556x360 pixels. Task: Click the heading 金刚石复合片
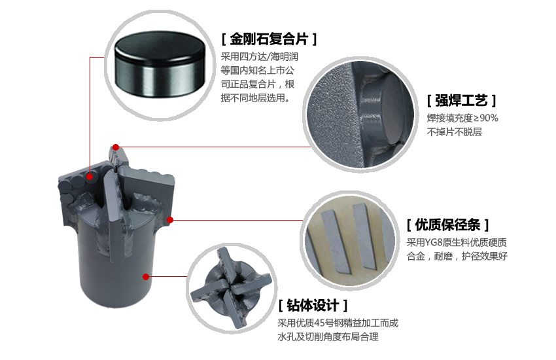pos(269,39)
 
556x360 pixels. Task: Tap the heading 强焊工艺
pos(461,101)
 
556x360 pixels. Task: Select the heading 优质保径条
pos(447,225)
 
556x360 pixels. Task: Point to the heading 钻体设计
pos(313,305)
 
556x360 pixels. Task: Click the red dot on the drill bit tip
pos(116,147)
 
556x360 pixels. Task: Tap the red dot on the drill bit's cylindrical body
pos(146,277)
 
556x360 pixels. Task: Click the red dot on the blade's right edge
pos(170,220)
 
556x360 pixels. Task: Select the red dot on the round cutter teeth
pos(90,177)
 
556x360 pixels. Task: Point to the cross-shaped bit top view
pos(231,288)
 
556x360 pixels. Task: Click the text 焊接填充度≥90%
pos(462,118)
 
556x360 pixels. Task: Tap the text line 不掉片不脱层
pos(454,132)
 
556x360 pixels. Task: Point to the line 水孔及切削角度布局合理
pos(328,336)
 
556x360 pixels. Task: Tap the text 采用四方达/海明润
pos(260,57)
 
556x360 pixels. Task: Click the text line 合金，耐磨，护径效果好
pos(457,256)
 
